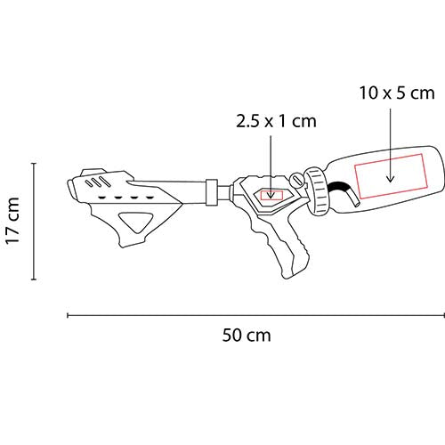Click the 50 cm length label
[247, 336]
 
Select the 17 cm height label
[12, 222]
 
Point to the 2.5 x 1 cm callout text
[276, 121]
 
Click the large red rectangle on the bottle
[388, 178]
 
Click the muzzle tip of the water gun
[69, 190]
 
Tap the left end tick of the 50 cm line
[69, 314]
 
